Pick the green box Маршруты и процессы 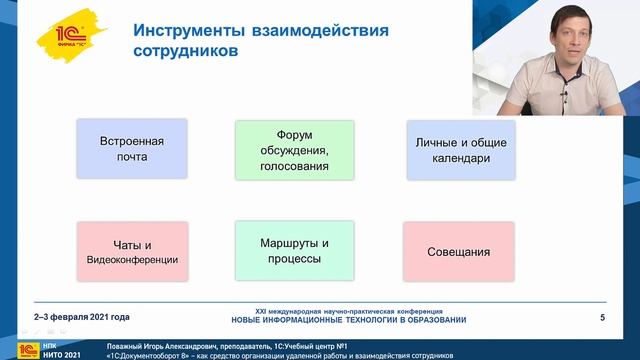294,251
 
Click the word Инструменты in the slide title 187,29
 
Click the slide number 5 601,318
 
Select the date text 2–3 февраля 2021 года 82,318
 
